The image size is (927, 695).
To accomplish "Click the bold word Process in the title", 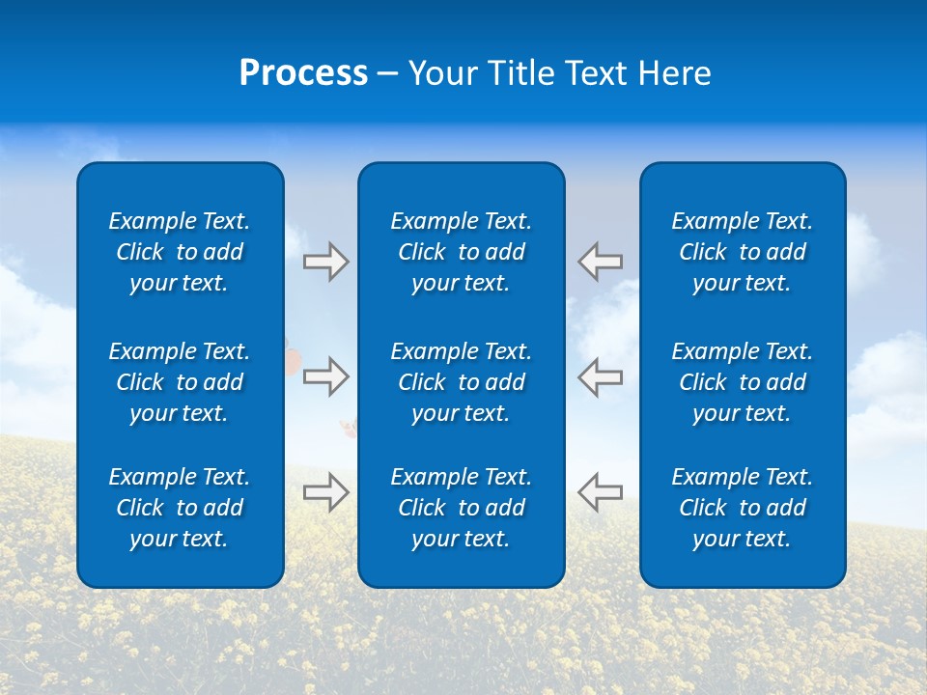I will click(303, 73).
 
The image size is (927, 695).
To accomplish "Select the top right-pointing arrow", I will click(326, 262).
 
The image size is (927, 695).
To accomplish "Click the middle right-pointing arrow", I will click(326, 376).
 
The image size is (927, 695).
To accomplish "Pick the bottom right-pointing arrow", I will click(326, 491).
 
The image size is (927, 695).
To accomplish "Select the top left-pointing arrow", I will click(601, 262).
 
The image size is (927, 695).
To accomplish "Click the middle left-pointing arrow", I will click(601, 376).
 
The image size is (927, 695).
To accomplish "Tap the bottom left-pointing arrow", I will click(601, 491).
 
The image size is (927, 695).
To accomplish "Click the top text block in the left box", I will click(180, 252).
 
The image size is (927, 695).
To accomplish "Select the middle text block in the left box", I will click(180, 382).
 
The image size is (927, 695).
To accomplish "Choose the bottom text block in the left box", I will click(180, 508).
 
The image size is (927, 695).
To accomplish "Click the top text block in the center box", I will click(462, 252).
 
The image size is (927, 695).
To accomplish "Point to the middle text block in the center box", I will click(462, 382).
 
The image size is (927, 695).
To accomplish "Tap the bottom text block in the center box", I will click(462, 508).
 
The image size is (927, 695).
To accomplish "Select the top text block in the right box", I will click(743, 252).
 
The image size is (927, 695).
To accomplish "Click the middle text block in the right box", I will click(743, 382).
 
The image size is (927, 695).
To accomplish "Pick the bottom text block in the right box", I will click(743, 508).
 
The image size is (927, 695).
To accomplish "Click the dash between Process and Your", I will click(387, 74).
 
